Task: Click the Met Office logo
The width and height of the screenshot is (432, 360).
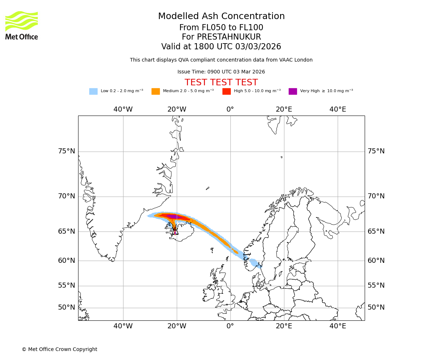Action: pos(22,25)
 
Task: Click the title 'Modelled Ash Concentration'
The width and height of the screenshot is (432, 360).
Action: pos(221,17)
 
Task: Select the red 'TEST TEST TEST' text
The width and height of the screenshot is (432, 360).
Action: pos(221,82)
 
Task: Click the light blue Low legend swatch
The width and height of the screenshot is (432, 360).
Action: pos(93,91)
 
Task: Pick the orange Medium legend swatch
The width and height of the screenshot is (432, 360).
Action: pos(156,91)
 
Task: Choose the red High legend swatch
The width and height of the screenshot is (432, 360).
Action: pos(226,91)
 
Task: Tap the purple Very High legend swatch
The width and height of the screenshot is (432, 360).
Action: pos(293,91)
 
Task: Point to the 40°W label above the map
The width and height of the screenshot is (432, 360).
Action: pos(123,109)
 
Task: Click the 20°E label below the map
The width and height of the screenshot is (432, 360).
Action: pos(284,326)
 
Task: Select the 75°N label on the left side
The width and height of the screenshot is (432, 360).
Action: pos(67,151)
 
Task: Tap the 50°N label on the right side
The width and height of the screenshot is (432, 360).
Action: pos(376,307)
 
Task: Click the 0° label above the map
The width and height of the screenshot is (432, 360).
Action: pos(230,109)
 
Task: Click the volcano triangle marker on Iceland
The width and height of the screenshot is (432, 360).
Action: pos(175,231)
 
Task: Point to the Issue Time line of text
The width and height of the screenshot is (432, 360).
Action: pos(221,72)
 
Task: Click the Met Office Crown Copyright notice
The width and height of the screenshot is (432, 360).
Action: pos(59,349)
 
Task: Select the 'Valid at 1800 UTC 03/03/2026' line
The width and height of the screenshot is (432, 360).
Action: pos(221,47)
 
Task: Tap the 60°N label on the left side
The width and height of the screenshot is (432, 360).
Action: pos(67,261)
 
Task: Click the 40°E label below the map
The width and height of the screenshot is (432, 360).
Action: pos(338,326)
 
